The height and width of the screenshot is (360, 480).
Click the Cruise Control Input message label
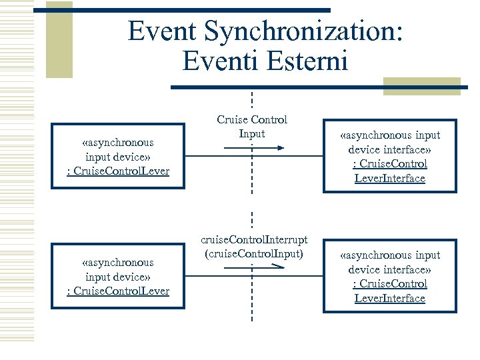[x=252, y=127]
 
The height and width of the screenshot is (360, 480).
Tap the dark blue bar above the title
[x=181, y=10]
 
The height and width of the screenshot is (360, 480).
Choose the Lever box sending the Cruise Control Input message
[x=118, y=156]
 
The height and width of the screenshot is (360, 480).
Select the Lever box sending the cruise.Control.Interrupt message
[x=118, y=277]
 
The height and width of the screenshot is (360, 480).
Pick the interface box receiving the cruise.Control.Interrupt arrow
[x=391, y=277]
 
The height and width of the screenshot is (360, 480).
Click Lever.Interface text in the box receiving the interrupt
[x=390, y=299]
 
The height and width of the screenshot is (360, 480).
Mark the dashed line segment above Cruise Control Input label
[x=252, y=101]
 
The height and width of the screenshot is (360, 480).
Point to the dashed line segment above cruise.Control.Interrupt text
[x=252, y=219]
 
